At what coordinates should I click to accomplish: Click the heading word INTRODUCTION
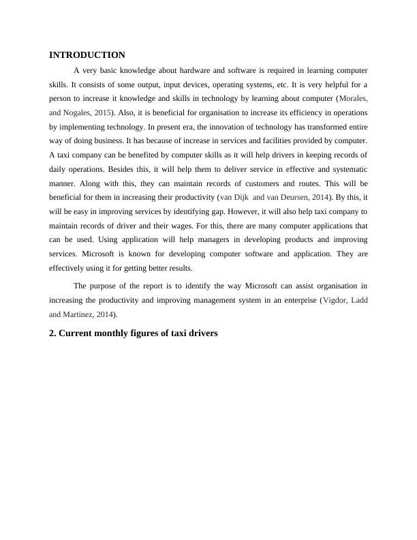click(x=87, y=55)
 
